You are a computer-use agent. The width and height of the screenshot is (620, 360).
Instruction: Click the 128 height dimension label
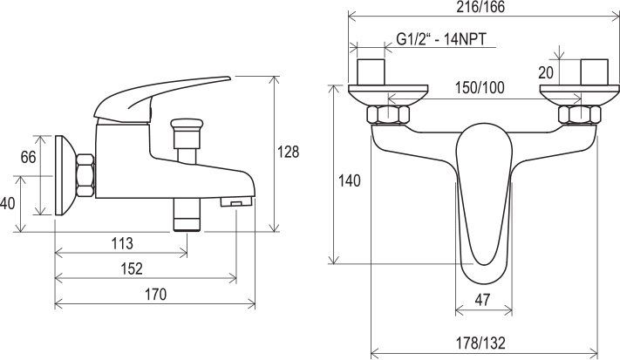click(x=288, y=153)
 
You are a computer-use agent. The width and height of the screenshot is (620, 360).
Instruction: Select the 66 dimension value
click(x=28, y=157)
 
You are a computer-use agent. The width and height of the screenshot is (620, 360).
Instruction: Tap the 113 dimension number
click(x=122, y=244)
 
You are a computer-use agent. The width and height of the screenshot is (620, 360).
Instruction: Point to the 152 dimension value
click(x=132, y=269)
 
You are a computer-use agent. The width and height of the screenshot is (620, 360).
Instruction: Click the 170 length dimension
click(x=155, y=295)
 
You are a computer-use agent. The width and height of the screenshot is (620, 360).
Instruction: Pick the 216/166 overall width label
click(x=480, y=7)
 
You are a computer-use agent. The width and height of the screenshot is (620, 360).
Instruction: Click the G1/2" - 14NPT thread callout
click(x=441, y=40)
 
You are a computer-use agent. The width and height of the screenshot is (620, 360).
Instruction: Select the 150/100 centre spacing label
click(x=480, y=88)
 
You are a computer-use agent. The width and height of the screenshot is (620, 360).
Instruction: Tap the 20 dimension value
click(x=546, y=72)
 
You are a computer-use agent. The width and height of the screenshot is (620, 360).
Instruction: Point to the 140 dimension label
click(x=349, y=181)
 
